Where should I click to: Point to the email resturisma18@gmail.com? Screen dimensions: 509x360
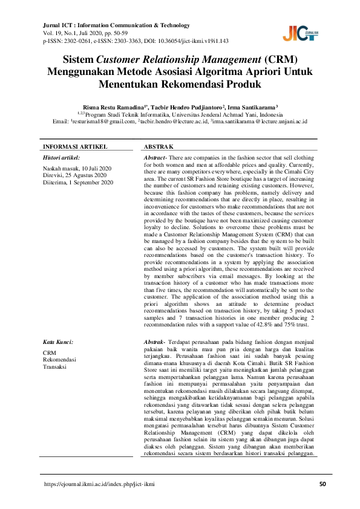[x=103, y=121]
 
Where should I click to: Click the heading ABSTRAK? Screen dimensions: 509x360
[x=159, y=147]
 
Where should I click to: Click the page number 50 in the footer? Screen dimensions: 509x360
[x=322, y=484]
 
